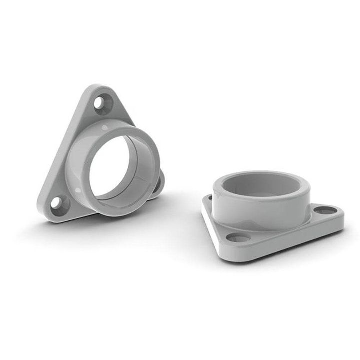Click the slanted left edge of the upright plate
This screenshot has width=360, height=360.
60,150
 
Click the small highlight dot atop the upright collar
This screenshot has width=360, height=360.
104,131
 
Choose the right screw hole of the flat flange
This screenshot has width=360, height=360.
325,210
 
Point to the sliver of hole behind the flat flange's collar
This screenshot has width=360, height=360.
210,198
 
